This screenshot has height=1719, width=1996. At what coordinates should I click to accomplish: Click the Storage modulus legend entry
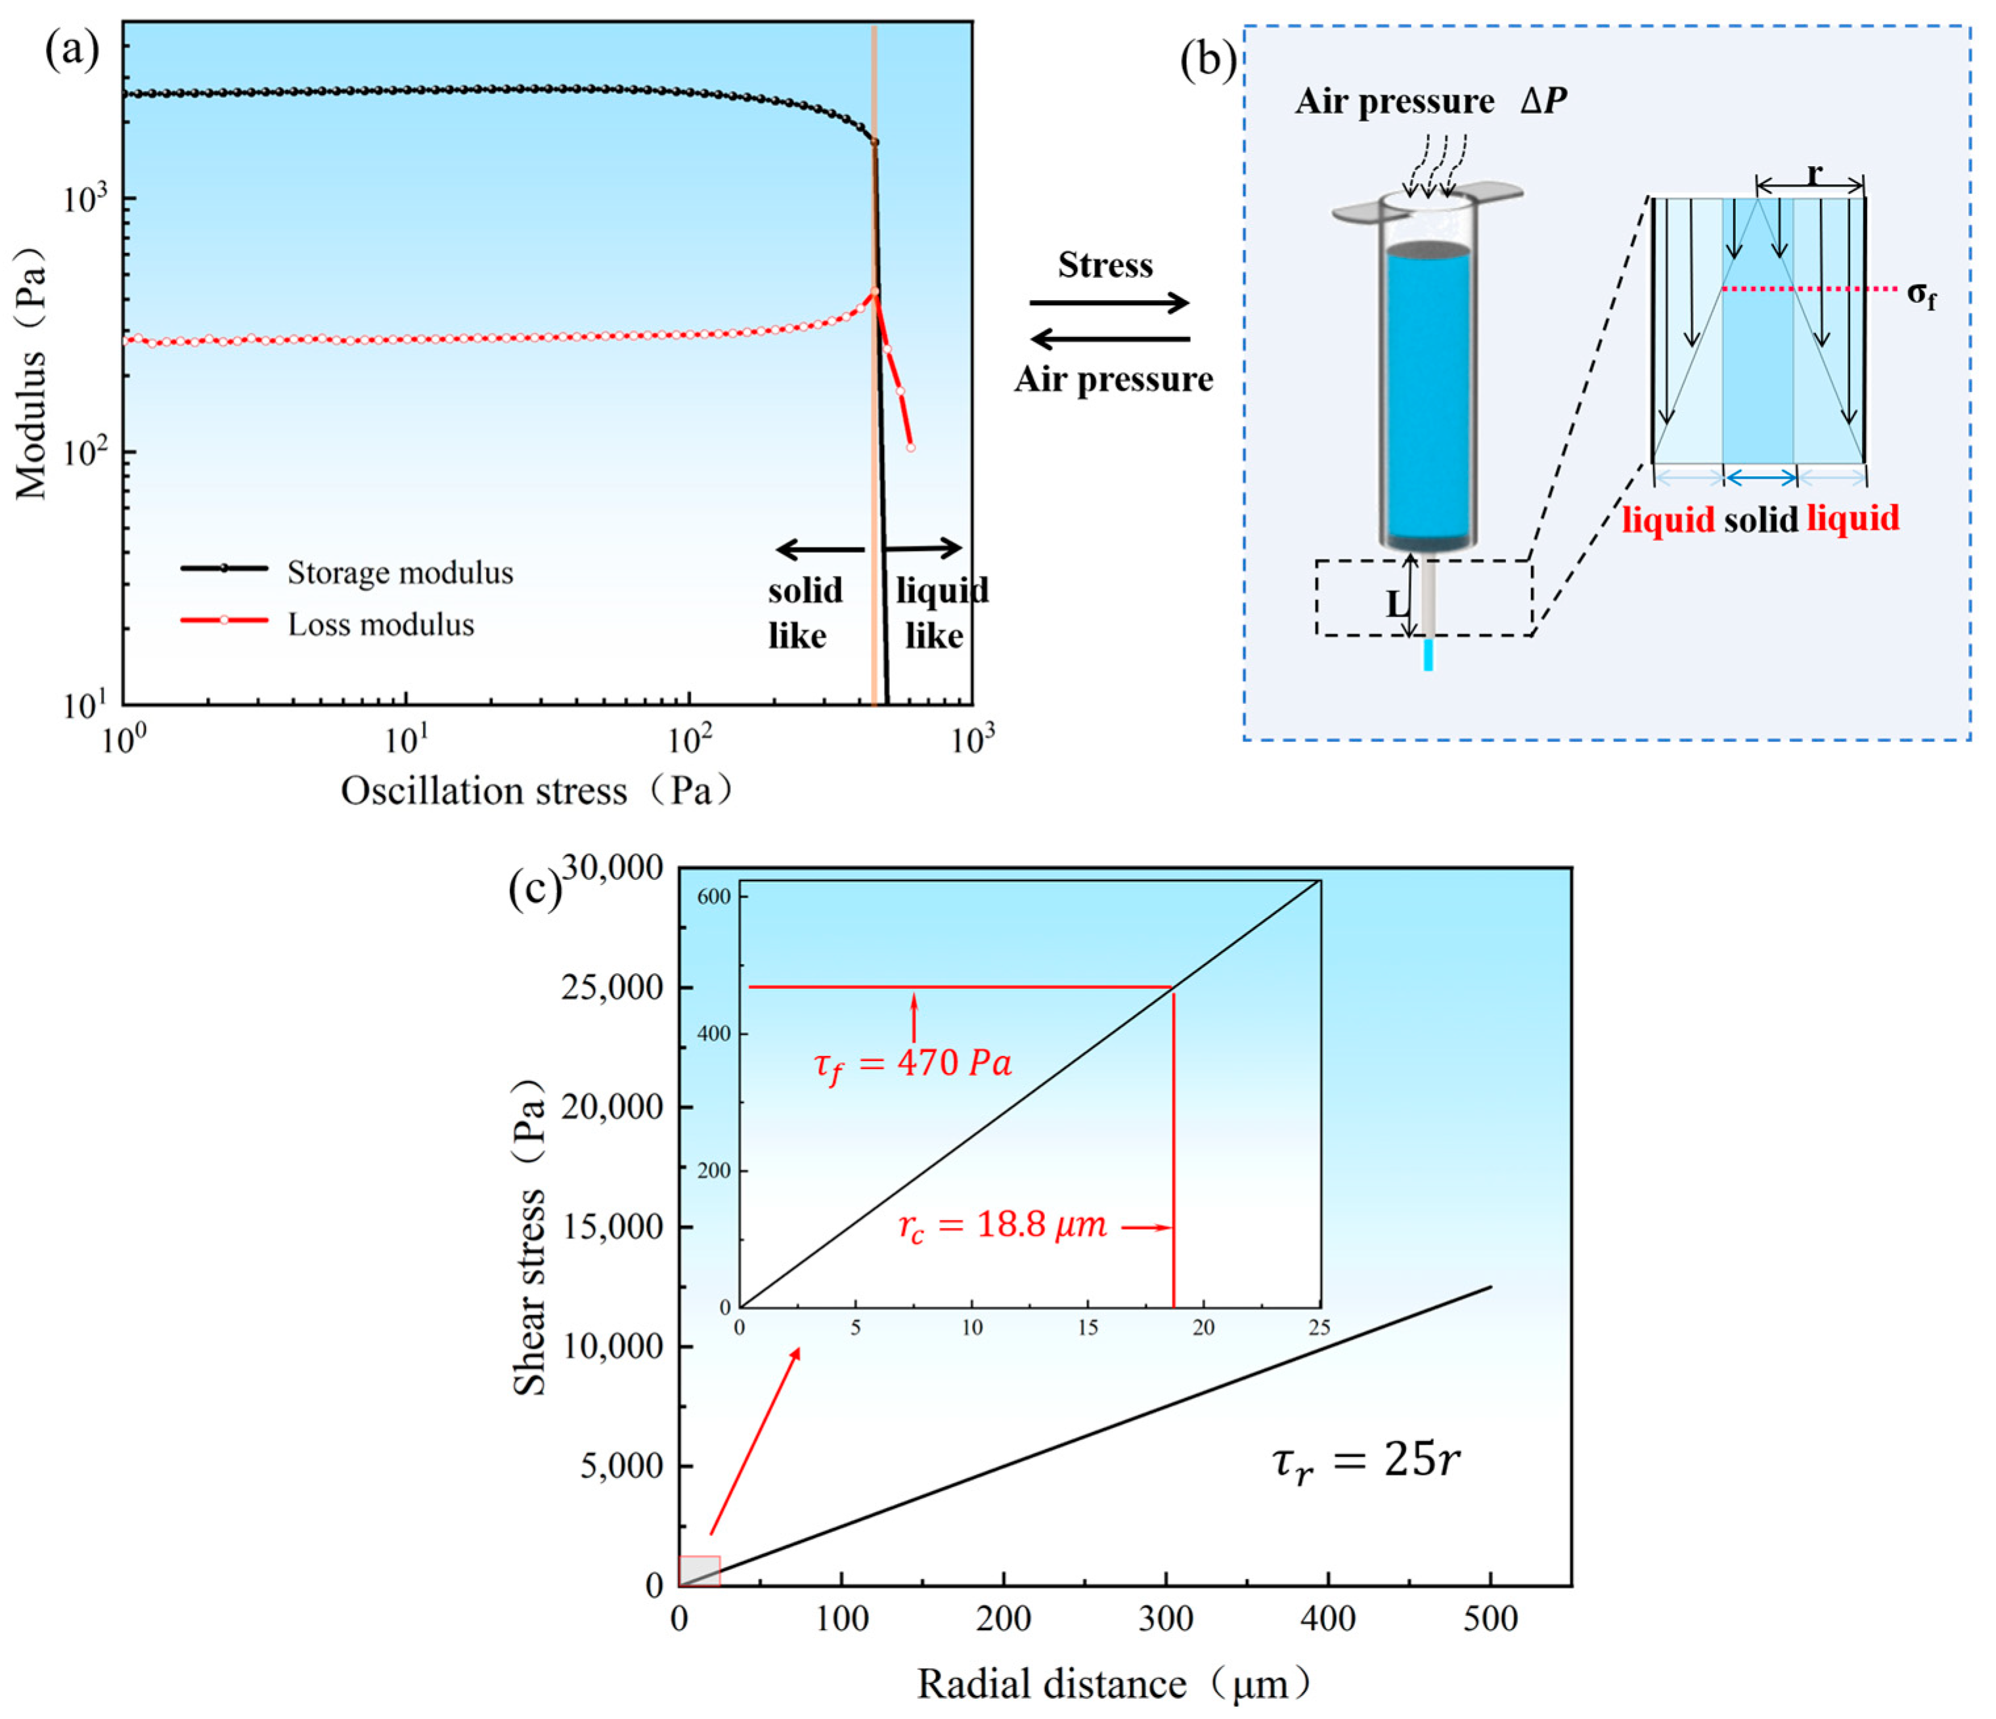[400, 573]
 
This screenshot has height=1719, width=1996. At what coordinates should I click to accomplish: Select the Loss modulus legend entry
[380, 625]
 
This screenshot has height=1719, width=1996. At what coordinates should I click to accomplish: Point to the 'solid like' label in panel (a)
[805, 613]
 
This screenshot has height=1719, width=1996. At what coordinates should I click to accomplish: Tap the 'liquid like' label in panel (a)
[940, 613]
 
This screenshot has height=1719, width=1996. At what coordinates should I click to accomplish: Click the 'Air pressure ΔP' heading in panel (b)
[1430, 101]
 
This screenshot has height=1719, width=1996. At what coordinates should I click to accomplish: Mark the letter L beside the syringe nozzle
[1396, 604]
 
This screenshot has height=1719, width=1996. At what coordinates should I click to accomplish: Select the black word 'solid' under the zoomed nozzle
[1761, 520]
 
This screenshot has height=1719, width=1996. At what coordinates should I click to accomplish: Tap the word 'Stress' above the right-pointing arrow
[1105, 265]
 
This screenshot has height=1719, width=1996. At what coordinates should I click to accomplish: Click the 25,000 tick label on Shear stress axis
[613, 987]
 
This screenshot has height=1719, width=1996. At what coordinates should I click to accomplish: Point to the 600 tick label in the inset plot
[714, 896]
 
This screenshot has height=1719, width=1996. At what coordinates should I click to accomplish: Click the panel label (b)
[1208, 60]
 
